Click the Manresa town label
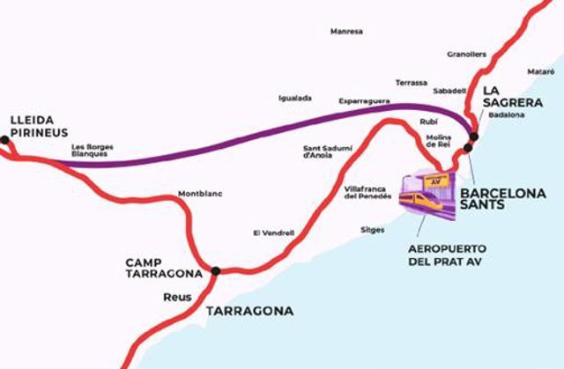click(346, 32)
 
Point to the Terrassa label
click(412, 82)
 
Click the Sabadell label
click(450, 91)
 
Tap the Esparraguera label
click(365, 102)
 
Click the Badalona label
click(506, 114)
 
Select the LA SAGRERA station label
click(505, 96)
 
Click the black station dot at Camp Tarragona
click(215, 271)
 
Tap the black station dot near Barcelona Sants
click(473, 137)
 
